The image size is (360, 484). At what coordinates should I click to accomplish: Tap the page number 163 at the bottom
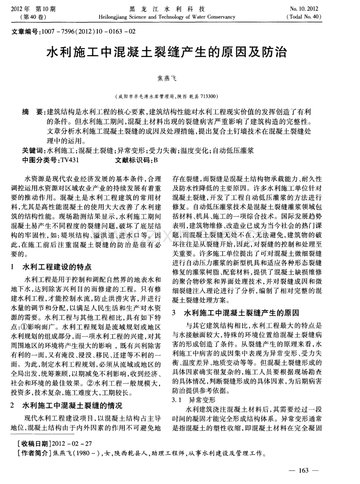click(304, 470)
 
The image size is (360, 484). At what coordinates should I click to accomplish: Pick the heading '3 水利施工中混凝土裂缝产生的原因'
click(236, 313)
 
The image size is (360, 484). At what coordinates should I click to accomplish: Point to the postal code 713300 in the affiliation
click(211, 96)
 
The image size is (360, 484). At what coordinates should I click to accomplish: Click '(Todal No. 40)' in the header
click(303, 17)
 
